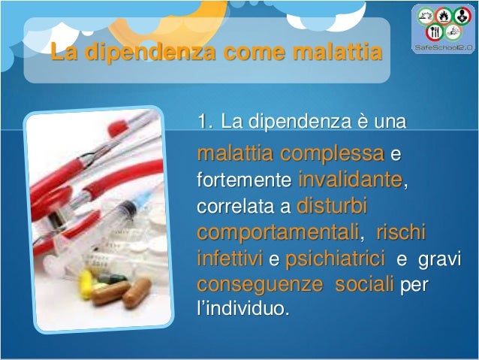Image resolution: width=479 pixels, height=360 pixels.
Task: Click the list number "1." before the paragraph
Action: coord(205,122)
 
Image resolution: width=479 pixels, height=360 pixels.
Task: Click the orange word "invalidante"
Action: coord(349,180)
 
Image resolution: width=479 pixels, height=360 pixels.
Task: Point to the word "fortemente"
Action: coord(243,181)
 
